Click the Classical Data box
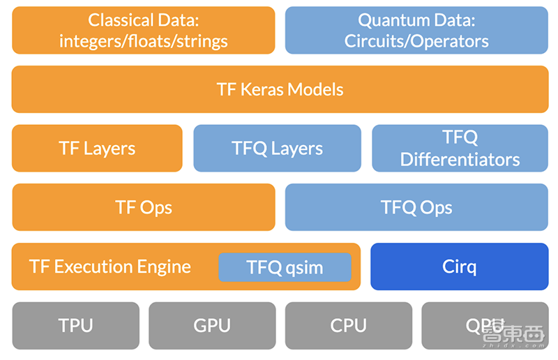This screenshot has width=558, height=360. [x=143, y=30]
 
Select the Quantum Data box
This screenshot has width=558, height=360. [x=416, y=30]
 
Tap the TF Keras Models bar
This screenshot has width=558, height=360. [x=280, y=89]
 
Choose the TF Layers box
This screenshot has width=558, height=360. [x=97, y=148]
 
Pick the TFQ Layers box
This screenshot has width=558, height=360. [x=277, y=148]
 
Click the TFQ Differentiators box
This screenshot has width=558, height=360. [x=460, y=148]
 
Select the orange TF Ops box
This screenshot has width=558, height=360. [x=143, y=207]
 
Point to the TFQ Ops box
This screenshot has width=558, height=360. [x=416, y=207]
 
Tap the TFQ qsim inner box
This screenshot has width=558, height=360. [x=285, y=267]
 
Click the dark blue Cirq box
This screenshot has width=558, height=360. [x=459, y=267]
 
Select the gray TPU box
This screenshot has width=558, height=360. [x=75, y=326]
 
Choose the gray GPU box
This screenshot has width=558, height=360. [x=212, y=326]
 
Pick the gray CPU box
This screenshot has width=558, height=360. [x=348, y=326]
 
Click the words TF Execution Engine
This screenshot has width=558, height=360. [x=110, y=267]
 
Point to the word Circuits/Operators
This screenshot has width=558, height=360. [x=416, y=40]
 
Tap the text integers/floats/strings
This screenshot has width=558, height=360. [x=143, y=40]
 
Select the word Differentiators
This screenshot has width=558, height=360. [x=460, y=159]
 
